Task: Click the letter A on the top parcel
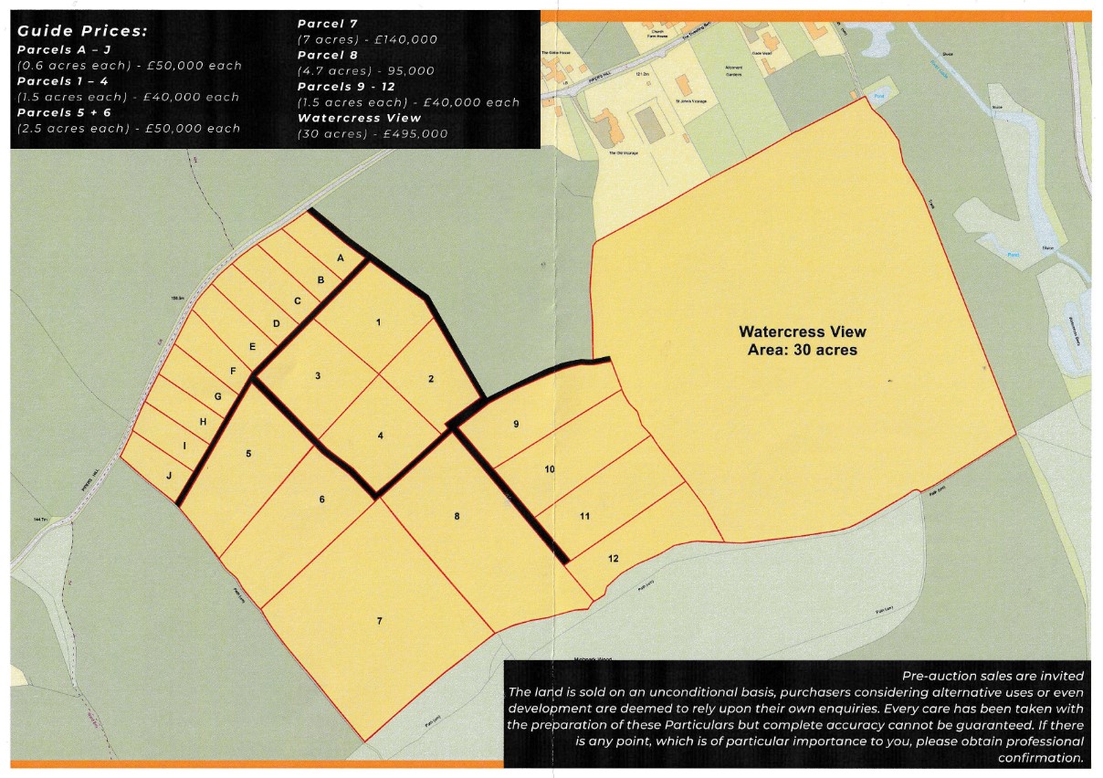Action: click(341, 258)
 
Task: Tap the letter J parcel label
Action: click(168, 475)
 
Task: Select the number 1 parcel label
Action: click(378, 322)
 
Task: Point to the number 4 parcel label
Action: click(381, 436)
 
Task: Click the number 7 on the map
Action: click(379, 621)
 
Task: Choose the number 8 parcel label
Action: click(457, 517)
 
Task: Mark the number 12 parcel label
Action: click(613, 558)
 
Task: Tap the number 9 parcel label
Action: click(516, 424)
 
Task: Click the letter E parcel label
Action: click(253, 347)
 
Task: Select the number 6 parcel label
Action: click(322, 499)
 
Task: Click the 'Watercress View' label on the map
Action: click(802, 331)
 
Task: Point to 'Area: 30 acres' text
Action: click(802, 349)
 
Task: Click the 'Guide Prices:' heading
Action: click(82, 31)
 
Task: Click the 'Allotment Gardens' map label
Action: click(733, 70)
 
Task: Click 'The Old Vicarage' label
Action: click(624, 153)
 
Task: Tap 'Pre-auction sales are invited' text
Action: click(993, 676)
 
